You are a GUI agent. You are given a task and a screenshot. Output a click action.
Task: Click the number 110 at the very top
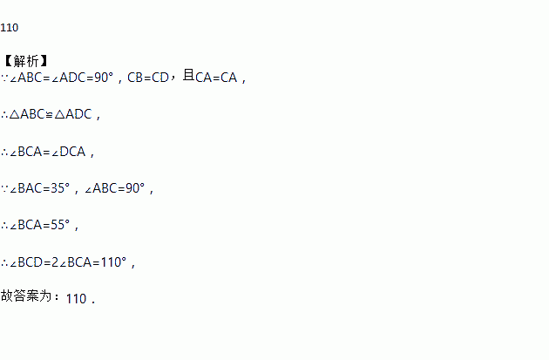click(10, 27)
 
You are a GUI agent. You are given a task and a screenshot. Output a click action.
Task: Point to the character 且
click(186, 77)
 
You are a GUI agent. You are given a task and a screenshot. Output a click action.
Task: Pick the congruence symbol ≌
click(48, 114)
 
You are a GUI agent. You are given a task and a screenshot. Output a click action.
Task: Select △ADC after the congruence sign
click(73, 114)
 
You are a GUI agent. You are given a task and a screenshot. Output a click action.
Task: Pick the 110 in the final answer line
click(76, 298)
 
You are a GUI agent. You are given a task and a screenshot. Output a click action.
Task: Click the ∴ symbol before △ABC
click(4, 114)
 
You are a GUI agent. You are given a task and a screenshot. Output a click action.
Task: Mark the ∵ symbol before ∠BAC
click(4, 188)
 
